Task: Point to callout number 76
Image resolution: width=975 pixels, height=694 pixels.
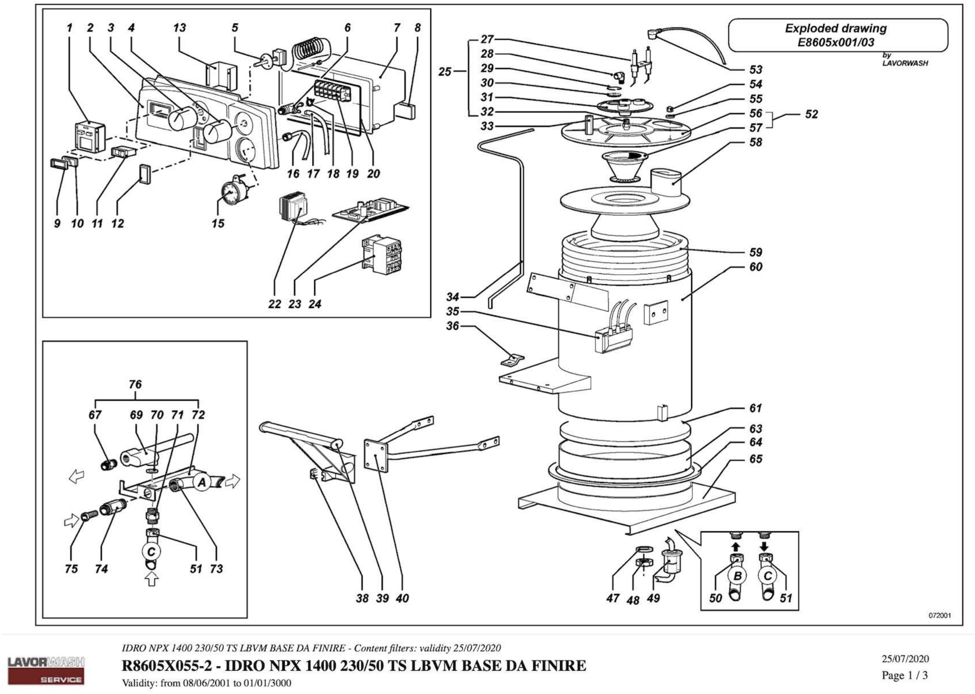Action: click(x=135, y=385)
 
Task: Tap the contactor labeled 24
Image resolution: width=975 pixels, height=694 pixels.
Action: click(x=381, y=256)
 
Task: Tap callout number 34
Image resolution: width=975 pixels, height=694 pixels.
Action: click(x=452, y=297)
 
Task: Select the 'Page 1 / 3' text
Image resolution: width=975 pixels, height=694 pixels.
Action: click(x=905, y=675)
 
